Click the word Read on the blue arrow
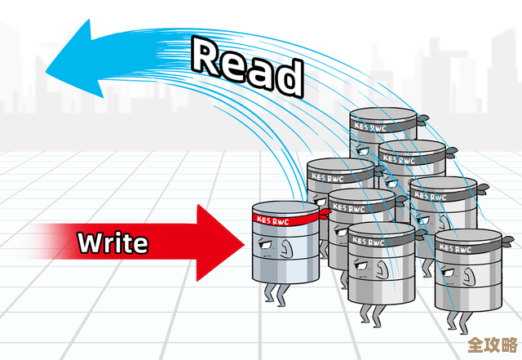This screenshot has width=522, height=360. pos(247,64)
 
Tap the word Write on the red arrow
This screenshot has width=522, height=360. pos(113,242)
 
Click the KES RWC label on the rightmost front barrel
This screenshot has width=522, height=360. pos(455,246)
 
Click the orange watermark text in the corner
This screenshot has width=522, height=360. pos(493,344)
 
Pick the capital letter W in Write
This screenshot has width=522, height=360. pos(88,242)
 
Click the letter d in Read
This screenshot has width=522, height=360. pos(287,77)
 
